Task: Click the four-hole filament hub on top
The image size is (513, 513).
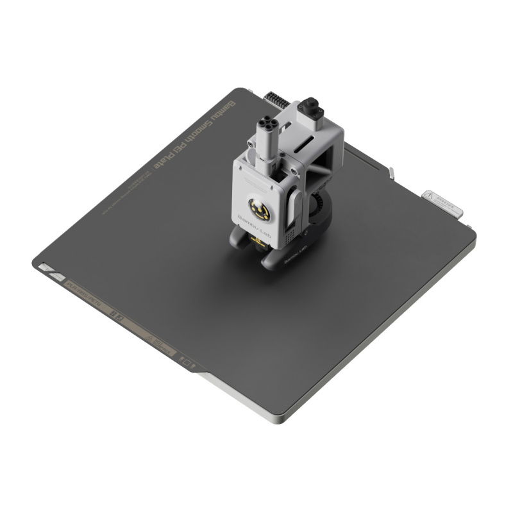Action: (265, 124)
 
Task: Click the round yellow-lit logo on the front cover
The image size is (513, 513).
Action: (259, 210)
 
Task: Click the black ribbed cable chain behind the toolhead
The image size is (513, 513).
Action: (275, 100)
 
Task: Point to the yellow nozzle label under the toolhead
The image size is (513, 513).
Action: (260, 242)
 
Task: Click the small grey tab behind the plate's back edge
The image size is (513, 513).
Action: (391, 172)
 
